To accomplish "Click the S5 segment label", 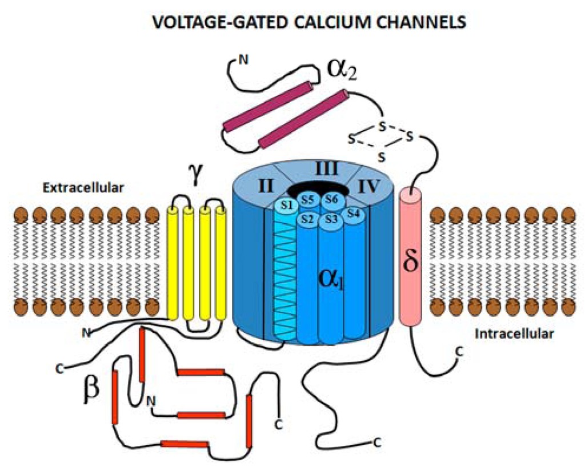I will click(307, 200).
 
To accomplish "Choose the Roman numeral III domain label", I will click(327, 168).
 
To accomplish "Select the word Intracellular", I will click(514, 334).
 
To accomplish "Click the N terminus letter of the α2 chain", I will click(243, 58).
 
